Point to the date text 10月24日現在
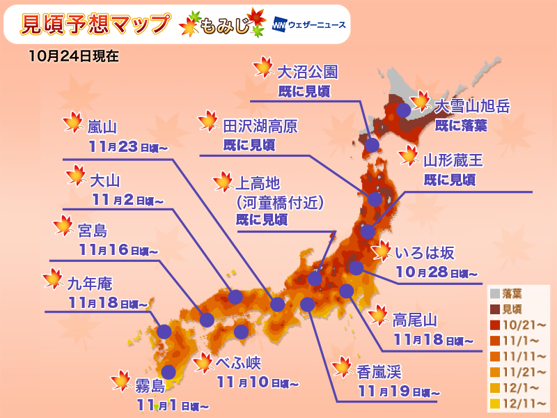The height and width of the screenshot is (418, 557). tap(74, 56)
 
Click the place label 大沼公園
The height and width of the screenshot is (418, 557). tap(307, 72)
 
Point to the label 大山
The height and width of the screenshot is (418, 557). tap(105, 180)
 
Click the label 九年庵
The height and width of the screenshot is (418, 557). tap(90, 284)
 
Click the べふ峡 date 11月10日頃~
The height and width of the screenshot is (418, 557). tap(258, 383)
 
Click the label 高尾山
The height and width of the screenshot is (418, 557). tap(414, 320)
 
